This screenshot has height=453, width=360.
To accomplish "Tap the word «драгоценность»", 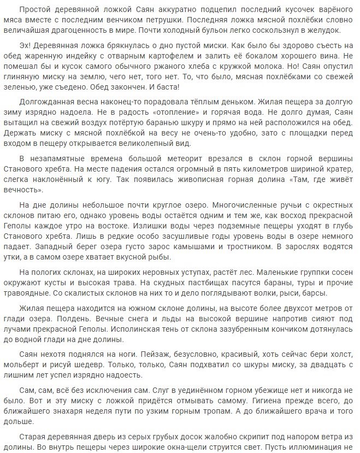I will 93,31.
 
